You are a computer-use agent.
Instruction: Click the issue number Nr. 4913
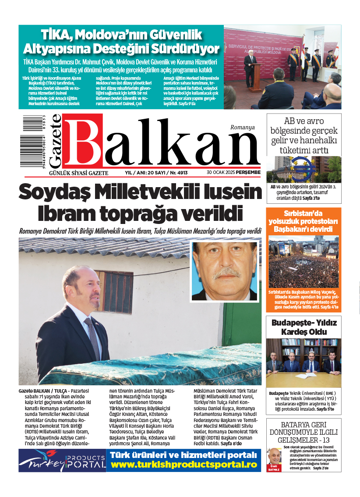click(x=178, y=173)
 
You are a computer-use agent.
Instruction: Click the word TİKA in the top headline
click(x=56, y=34)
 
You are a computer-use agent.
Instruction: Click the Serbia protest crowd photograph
click(x=303, y=262)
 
